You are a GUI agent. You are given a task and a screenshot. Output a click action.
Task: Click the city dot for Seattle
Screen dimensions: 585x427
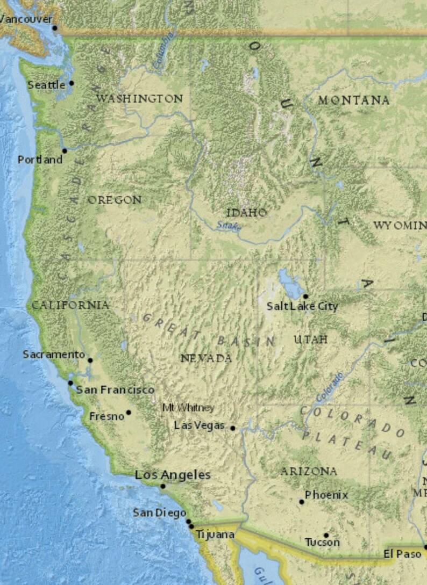pos(72,83)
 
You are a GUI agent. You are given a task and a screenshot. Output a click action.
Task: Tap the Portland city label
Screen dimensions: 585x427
pos(40,160)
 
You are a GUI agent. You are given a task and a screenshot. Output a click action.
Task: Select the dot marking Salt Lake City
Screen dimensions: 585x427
pos(305,296)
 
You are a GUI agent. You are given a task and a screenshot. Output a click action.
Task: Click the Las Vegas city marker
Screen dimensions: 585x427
pos(232,428)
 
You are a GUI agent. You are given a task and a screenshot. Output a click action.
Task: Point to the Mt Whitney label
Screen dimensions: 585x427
pos(188,408)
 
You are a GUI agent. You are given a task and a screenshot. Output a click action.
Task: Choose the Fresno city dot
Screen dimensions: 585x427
pos(129,413)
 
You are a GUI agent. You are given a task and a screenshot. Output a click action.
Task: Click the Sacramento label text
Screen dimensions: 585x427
pos(54,355)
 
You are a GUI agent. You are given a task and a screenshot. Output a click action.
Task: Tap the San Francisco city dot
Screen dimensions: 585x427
pos(70,383)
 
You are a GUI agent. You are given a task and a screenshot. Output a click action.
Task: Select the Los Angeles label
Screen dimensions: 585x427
pos(173,475)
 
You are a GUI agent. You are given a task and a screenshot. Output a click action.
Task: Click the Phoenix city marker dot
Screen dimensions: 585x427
pos(302,502)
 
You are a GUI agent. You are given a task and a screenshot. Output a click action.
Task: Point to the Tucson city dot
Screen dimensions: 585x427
pos(326,535)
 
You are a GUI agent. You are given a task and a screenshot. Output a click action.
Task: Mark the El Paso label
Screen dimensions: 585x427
pos(402,554)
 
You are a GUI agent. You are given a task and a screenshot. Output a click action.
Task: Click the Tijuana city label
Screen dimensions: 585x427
pos(215,535)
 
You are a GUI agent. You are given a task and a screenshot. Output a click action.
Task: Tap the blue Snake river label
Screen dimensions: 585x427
pos(229,226)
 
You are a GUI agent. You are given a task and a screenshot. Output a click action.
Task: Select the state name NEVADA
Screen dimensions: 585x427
pos(206,358)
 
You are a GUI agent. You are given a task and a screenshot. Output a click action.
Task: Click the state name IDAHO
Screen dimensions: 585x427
pos(246,213)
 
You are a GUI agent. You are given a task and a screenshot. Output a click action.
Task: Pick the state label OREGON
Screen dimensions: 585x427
pos(115,200)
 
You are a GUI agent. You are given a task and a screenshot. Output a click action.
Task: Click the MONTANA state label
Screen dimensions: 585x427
pos(353,100)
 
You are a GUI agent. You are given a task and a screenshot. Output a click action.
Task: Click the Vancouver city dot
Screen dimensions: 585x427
pos(54,28)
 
